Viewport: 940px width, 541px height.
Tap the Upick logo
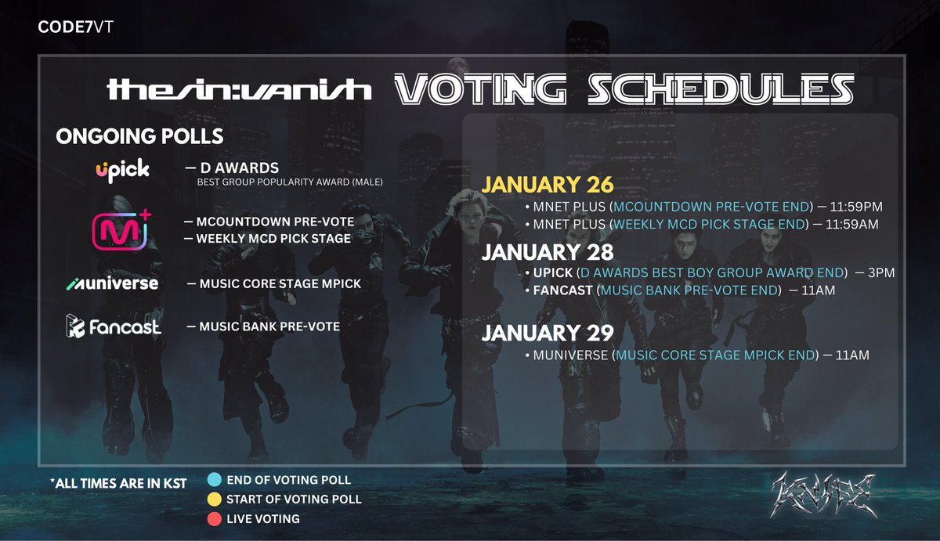tap(121, 171)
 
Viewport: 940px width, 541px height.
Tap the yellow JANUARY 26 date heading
tap(548, 186)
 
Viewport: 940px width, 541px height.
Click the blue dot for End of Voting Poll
tap(214, 479)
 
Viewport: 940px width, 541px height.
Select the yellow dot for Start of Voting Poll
tap(214, 499)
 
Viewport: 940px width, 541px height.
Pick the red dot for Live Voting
tap(214, 518)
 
